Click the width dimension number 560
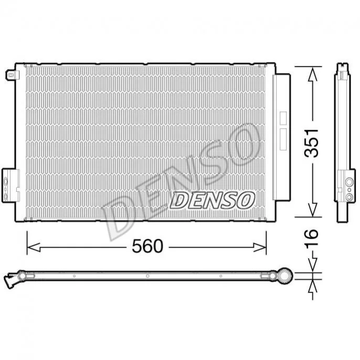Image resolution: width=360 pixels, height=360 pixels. tap(147, 246)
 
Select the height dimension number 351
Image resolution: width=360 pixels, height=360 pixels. tap(312, 143)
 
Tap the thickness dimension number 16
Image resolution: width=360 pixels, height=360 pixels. tap(312, 237)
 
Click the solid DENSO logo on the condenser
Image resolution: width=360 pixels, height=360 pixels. tap(212, 200)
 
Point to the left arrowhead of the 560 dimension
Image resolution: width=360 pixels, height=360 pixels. tap(34, 248)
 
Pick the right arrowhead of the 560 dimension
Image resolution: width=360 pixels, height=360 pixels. tap(260, 248)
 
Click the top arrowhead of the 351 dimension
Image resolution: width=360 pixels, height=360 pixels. tap(312, 74)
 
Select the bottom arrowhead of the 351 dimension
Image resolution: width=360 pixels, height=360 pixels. tap(312, 209)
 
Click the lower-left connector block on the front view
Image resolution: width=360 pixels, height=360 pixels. tap(10, 186)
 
